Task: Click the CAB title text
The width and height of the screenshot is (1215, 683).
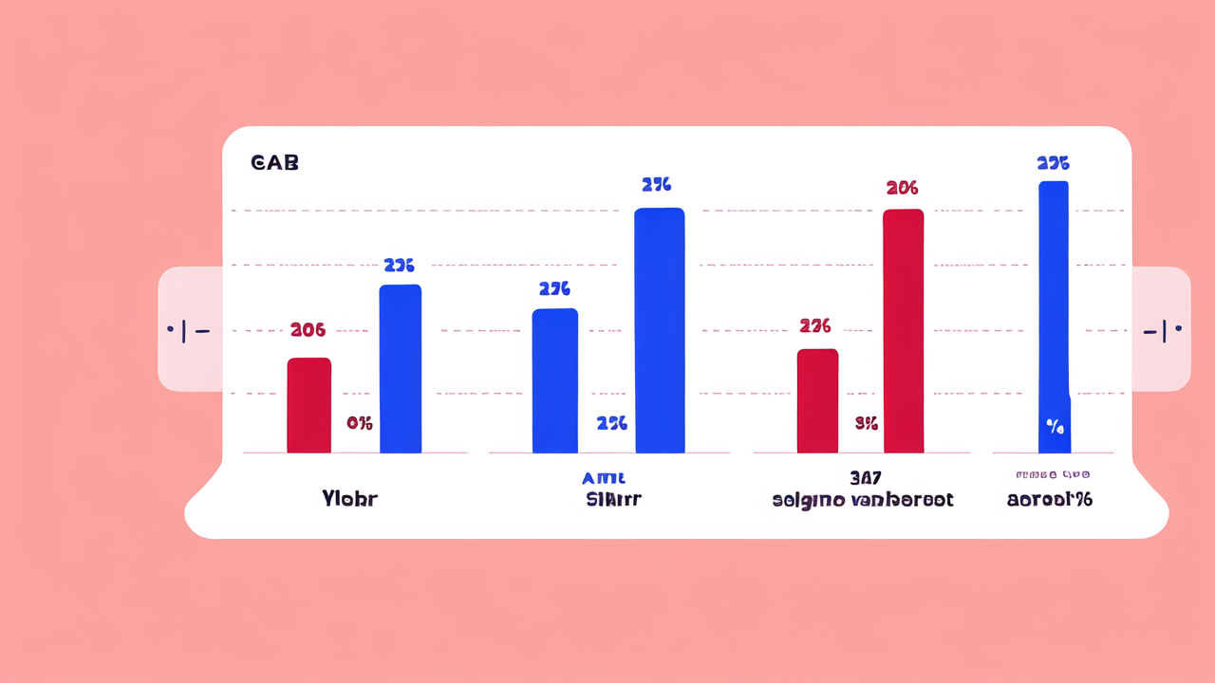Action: tap(274, 163)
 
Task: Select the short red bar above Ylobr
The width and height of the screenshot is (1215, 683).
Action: tap(308, 405)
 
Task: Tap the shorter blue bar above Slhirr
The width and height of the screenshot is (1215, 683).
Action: tap(554, 380)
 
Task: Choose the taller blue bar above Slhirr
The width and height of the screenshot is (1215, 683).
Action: tap(659, 330)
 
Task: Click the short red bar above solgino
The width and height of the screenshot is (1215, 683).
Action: tap(817, 400)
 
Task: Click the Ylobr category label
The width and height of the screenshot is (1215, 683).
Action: tap(349, 499)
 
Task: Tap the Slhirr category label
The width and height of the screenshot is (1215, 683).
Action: tap(613, 499)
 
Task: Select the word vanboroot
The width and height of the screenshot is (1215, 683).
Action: tap(902, 500)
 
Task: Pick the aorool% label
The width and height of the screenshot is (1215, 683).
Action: tap(1049, 499)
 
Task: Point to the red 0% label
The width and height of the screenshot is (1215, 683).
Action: tap(359, 423)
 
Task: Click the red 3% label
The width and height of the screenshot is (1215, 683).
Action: tap(866, 423)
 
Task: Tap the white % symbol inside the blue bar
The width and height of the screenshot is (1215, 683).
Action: tap(1055, 427)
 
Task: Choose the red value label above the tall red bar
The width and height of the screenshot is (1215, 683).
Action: tap(902, 188)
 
